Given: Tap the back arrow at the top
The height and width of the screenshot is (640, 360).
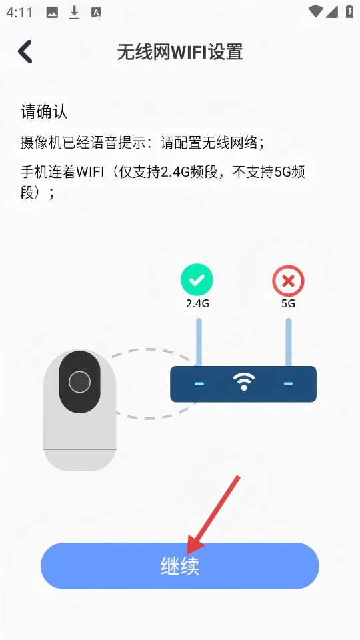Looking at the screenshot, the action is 25,52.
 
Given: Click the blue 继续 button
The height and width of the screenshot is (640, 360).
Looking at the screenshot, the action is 179,566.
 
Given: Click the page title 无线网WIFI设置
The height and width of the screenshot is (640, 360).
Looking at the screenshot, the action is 180,53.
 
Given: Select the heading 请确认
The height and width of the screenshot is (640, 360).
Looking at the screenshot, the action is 44,111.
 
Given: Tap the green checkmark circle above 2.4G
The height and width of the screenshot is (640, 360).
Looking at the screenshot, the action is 197,279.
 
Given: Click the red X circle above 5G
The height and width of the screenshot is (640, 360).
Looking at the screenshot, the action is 288,281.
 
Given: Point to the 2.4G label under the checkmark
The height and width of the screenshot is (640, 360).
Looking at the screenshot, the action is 197,304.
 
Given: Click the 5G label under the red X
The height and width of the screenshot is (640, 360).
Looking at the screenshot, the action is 288,304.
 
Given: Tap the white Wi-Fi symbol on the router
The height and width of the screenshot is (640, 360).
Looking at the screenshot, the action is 244,382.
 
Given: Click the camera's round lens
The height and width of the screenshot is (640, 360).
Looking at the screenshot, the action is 79,382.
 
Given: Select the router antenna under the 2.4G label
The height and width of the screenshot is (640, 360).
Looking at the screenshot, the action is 199,342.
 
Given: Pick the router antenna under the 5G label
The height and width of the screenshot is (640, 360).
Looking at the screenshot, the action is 289,342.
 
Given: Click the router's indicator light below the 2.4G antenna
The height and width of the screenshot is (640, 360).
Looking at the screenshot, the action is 199,384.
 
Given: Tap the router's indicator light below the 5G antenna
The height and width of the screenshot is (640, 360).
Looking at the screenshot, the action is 288,384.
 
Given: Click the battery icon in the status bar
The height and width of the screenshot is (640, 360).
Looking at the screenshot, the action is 349,11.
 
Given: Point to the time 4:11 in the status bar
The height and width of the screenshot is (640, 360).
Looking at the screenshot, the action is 19,12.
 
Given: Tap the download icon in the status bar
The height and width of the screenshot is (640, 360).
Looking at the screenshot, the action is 74,13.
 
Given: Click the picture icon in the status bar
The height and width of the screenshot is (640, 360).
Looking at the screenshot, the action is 52,13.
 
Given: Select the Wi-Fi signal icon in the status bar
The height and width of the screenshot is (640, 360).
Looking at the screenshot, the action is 315,11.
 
